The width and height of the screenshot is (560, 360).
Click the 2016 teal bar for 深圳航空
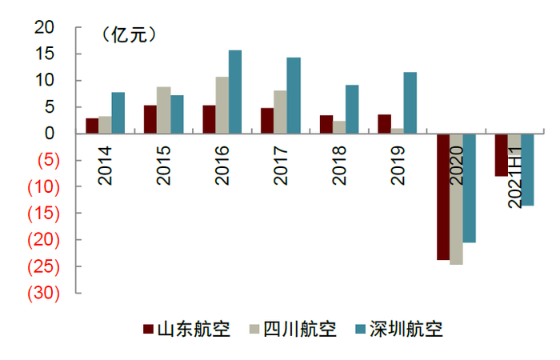[235, 92]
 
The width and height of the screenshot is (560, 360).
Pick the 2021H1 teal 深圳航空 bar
[527, 170]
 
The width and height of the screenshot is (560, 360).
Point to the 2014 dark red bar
[92, 126]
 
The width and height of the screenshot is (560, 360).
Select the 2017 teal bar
[294, 95]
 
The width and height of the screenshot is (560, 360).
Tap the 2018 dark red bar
[326, 124]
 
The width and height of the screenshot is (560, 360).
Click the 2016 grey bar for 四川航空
[222, 105]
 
